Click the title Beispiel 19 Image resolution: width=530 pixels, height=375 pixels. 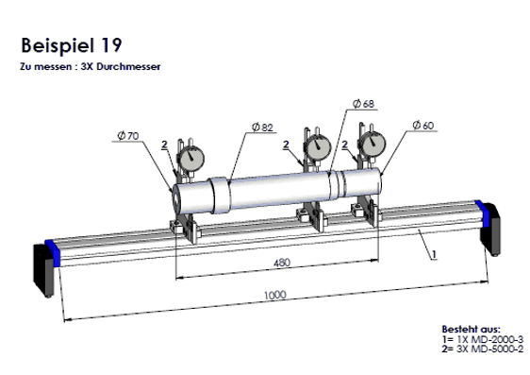[72, 45]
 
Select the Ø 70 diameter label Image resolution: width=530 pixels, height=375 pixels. [128, 136]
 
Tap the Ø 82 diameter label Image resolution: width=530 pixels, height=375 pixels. [262, 128]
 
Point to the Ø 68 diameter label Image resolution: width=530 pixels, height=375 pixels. [363, 104]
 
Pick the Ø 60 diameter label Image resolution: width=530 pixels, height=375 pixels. [423, 126]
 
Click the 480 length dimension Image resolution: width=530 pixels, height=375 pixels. [282, 263]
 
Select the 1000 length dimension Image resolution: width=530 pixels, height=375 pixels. [275, 295]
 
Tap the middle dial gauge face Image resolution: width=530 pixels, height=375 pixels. [318, 147]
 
